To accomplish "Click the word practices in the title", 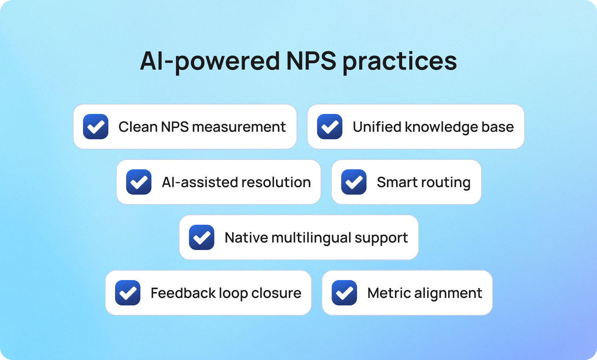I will click(x=399, y=61).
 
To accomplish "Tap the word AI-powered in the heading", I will click(x=210, y=61).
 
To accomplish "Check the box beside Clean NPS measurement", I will click(x=96, y=127).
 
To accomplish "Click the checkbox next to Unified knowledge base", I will click(x=330, y=127).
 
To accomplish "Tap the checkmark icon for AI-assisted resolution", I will click(x=139, y=182).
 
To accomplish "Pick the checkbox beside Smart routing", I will click(x=354, y=182).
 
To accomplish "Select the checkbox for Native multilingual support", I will click(x=202, y=237).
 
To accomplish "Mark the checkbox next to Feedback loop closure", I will click(x=128, y=293).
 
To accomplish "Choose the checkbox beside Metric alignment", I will click(x=344, y=293).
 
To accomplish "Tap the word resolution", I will click(x=276, y=182).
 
